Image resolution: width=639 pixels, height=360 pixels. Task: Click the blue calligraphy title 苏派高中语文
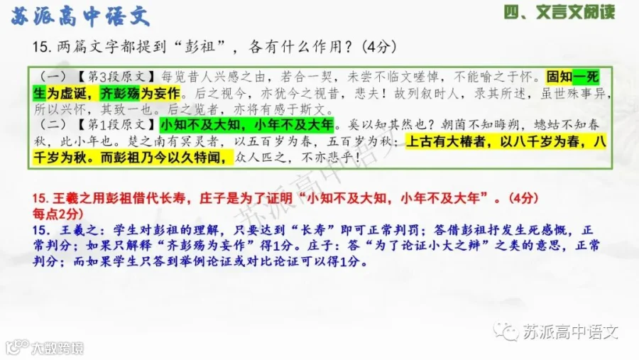click(x=80, y=17)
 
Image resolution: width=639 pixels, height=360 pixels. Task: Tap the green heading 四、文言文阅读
click(x=559, y=12)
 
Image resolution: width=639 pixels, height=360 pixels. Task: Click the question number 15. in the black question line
click(x=43, y=47)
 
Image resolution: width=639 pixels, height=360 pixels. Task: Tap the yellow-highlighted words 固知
click(x=559, y=77)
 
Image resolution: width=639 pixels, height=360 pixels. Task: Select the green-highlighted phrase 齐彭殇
click(x=120, y=93)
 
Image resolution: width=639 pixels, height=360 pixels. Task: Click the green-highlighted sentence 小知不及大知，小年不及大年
click(x=246, y=124)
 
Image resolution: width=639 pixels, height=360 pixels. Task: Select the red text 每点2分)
click(x=58, y=214)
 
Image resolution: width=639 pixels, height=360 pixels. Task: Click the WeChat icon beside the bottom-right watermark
click(x=506, y=332)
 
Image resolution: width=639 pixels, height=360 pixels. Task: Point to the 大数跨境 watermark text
click(x=58, y=348)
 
